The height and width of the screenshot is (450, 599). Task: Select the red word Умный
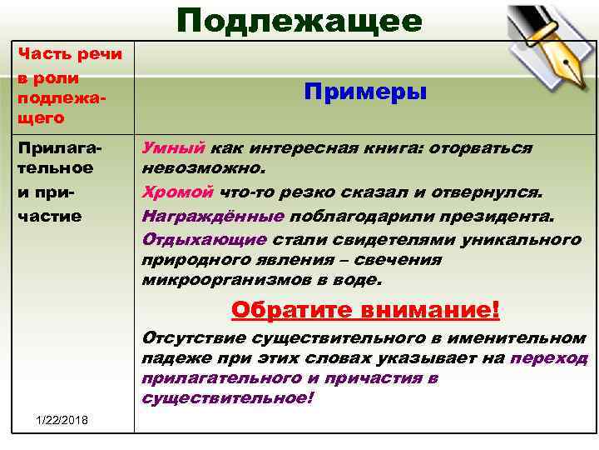coord(173,147)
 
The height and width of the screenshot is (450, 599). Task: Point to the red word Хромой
coord(178,193)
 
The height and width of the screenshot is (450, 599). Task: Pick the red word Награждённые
coord(214,216)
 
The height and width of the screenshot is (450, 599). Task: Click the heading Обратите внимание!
coord(365,310)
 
